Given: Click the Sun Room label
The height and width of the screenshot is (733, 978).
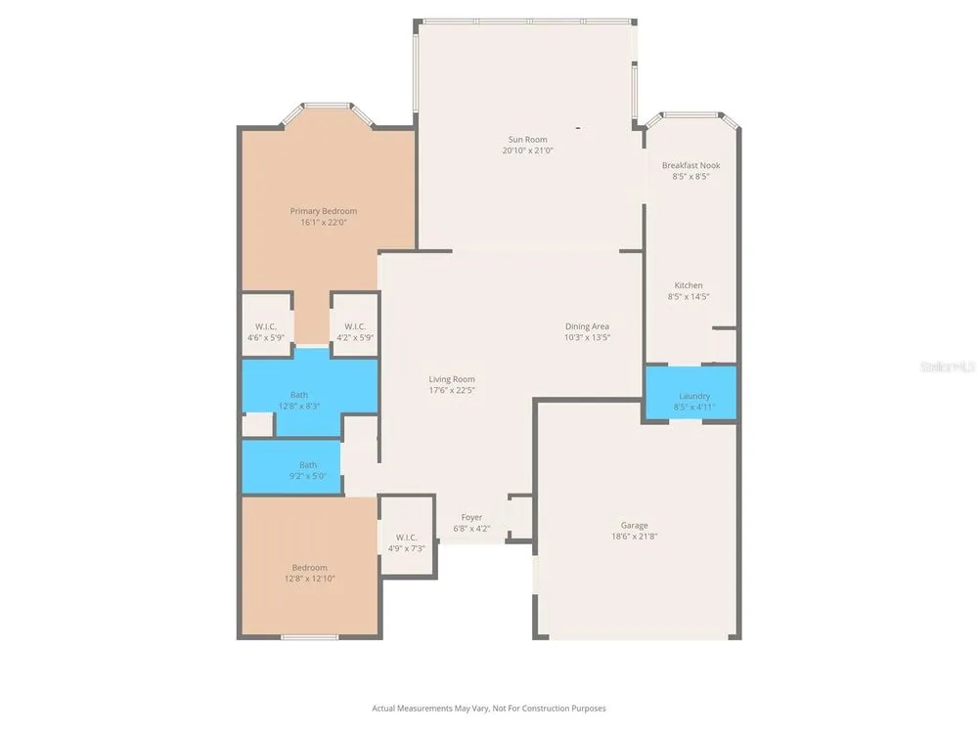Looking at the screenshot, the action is point(528,140).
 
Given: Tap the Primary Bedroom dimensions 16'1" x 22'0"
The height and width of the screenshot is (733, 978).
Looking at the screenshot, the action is point(323,223).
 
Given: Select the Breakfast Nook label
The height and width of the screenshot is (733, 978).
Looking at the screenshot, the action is point(691,165).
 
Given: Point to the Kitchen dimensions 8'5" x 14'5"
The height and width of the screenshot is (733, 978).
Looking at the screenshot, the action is point(689,297).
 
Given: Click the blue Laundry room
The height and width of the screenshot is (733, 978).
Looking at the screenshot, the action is point(690,393).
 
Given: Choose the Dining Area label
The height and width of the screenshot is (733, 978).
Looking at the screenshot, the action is point(587,326).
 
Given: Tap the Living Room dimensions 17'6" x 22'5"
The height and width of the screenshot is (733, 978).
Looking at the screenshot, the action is point(452,391).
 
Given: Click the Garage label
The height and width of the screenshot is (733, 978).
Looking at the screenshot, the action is point(635,526).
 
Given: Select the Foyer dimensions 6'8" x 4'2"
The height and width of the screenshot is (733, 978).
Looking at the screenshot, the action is point(471,529).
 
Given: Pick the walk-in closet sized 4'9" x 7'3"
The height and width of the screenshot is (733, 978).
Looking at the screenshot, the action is point(407,536).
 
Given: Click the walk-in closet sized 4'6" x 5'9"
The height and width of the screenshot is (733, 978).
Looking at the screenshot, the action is point(266,324).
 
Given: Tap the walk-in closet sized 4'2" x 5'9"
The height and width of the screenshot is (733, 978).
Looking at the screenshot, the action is point(355,324).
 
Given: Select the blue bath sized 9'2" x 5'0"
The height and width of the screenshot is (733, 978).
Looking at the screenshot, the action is point(291,467).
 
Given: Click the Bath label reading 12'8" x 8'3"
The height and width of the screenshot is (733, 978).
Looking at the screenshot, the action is point(299,400).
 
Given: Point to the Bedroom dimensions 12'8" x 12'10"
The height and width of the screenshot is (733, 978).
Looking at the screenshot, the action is point(309,579).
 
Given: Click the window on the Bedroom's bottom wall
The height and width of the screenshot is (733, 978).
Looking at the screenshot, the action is point(309,637).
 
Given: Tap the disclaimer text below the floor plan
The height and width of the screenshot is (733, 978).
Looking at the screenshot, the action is point(489,708).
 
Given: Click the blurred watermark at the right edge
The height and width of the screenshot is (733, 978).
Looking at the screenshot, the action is point(948,366).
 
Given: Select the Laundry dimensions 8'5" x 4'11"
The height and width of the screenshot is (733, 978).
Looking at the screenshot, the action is point(694,407).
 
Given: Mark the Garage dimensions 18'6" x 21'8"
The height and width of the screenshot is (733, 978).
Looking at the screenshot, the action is point(635,536).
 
